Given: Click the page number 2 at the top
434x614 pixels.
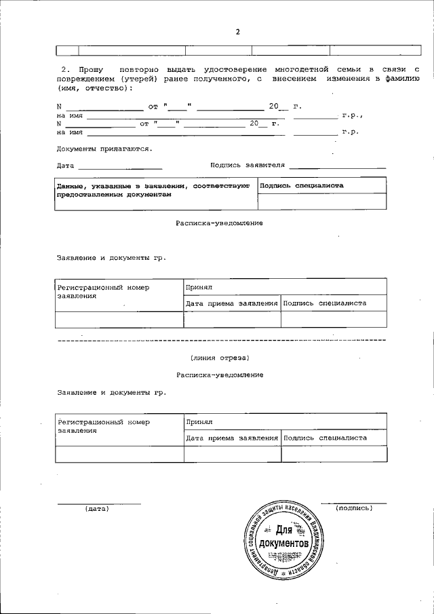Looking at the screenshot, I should [237, 31].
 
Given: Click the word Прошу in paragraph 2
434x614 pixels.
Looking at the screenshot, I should [91, 70].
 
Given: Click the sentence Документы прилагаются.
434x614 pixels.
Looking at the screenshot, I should [104, 149].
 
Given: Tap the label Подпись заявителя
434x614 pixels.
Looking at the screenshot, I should [248, 164].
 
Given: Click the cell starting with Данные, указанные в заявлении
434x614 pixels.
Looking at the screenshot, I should [155, 190].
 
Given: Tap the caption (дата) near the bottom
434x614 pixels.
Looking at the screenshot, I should [97, 508].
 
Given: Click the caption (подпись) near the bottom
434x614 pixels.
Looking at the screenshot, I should [354, 507].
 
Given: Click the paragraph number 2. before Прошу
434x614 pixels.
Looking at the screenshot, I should [65, 70].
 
